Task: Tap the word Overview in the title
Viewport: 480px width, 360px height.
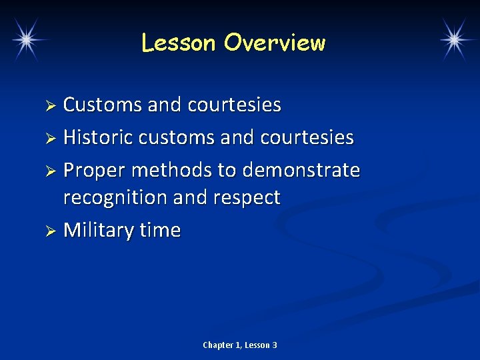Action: tap(275, 43)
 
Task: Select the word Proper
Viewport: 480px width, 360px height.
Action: tap(95, 171)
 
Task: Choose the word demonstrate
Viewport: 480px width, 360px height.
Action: tap(301, 171)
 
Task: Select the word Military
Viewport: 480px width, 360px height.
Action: tap(99, 231)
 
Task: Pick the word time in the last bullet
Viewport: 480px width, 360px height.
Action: tap(160, 231)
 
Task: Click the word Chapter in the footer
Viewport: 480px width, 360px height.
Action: tap(218, 345)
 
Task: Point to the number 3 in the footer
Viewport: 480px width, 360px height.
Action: tap(274, 345)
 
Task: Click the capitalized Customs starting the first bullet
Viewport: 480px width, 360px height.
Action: tap(101, 105)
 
